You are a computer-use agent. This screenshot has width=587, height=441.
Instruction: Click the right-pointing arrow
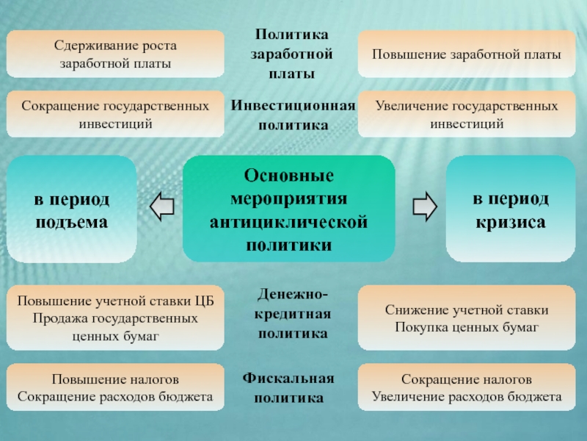pos(424,208)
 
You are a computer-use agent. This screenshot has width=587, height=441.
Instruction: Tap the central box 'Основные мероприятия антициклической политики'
pos(288,209)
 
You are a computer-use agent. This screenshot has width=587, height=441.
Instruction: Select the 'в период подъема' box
pos(71,209)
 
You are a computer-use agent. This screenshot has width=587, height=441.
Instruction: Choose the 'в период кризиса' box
pos(509,209)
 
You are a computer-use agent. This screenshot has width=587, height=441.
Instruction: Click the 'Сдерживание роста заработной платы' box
pos(115,54)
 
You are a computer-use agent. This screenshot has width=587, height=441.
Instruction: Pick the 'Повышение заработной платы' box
pos(467,54)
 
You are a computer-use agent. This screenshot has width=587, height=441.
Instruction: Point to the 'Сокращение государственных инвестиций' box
pos(115,115)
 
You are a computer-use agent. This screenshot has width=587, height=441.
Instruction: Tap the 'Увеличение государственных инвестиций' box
pos(467,115)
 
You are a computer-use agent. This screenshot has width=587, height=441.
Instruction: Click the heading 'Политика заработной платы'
pos(291,54)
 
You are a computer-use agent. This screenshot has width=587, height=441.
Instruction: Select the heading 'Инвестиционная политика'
pos(293,115)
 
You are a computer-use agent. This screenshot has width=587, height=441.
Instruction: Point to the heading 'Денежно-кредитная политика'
pos(293,315)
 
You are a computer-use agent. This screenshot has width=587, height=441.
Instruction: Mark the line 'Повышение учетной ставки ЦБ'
pos(115,301)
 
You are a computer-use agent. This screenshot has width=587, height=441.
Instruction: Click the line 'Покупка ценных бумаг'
pos(467,326)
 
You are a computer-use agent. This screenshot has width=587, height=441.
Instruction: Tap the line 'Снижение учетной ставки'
pos(467,310)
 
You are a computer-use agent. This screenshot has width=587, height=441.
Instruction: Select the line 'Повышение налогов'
pos(115,379)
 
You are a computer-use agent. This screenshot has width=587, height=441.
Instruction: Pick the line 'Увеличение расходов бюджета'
pos(467,398)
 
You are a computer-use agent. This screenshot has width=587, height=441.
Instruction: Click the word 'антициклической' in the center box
pos(288,222)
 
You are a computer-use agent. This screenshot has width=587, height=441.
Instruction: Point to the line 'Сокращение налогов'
pos(467,379)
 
